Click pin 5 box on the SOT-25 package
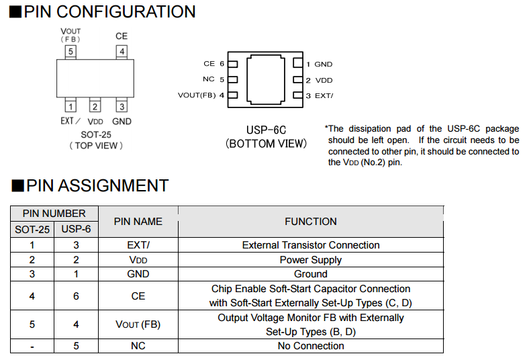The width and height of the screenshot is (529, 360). (x=70, y=51)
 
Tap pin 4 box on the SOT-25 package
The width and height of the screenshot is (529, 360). (x=122, y=51)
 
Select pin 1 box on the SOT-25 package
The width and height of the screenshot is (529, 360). (x=70, y=105)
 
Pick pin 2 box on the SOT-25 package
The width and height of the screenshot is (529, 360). (x=95, y=105)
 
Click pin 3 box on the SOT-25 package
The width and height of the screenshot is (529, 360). (x=122, y=105)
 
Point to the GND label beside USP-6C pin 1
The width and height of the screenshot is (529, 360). (x=324, y=64)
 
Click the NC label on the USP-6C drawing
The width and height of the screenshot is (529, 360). (x=208, y=79)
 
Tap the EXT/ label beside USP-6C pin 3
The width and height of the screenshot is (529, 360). (x=324, y=95)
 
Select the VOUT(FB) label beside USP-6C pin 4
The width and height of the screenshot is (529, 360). (x=197, y=95)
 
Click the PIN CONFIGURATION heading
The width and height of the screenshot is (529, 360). (x=110, y=12)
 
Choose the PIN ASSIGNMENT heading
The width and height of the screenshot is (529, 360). (x=96, y=186)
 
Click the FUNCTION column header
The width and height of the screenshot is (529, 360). (x=310, y=221)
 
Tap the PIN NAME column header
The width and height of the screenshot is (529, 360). (x=138, y=221)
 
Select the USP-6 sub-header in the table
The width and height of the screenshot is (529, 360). (x=76, y=230)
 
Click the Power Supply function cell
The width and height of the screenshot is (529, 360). (x=310, y=260)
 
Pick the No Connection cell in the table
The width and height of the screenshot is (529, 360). (x=310, y=346)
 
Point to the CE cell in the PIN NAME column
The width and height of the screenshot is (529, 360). (x=138, y=296)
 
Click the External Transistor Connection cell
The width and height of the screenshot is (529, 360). (x=310, y=245)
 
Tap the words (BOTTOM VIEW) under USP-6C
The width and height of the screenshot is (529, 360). (x=267, y=143)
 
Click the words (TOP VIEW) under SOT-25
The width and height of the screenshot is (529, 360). (x=95, y=145)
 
